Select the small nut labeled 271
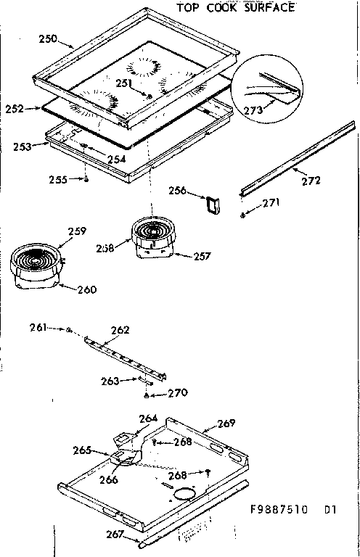(x=242, y=215)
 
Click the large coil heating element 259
(x=37, y=260)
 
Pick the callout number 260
(x=86, y=290)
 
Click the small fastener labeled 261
(x=69, y=330)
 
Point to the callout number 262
(x=120, y=330)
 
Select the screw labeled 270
(x=147, y=395)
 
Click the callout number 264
(x=148, y=418)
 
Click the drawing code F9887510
(x=279, y=509)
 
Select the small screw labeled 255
(x=86, y=180)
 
